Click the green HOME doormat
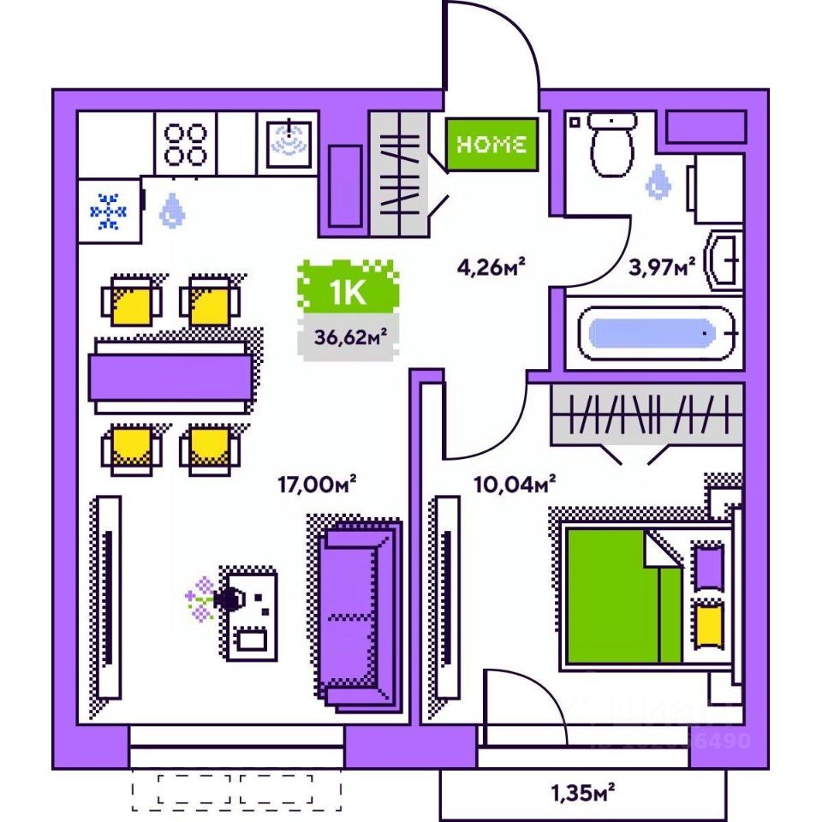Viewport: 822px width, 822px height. (491, 145)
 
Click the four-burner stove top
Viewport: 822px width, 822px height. (186, 144)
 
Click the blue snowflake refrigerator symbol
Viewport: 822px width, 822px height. (109, 211)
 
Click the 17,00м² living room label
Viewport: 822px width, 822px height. (317, 485)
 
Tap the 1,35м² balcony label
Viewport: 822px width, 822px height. (583, 793)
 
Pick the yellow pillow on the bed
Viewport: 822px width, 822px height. (708, 625)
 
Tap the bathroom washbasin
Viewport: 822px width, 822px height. (724, 261)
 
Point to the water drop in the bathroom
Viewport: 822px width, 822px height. (658, 182)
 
